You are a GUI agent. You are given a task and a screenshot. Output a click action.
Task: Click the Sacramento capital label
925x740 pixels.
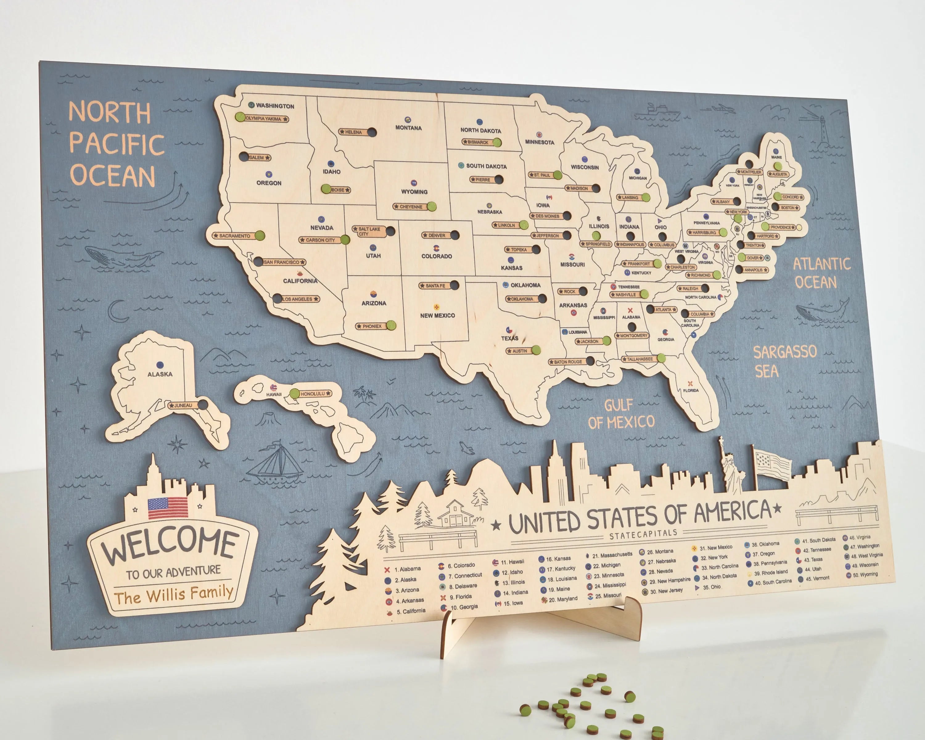tap(234, 236)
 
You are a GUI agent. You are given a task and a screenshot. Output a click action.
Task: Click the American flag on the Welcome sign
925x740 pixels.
tap(168, 508)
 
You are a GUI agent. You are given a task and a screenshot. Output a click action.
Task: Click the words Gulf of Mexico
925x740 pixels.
tap(621, 414)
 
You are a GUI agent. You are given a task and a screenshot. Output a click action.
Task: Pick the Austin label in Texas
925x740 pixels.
tap(520, 351)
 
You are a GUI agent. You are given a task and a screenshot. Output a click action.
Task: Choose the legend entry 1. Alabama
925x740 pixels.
tap(408, 569)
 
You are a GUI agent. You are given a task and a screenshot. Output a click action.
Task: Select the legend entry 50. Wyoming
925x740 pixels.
tap(865, 574)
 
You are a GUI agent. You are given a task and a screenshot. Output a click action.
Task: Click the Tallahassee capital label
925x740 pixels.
tap(640, 359)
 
